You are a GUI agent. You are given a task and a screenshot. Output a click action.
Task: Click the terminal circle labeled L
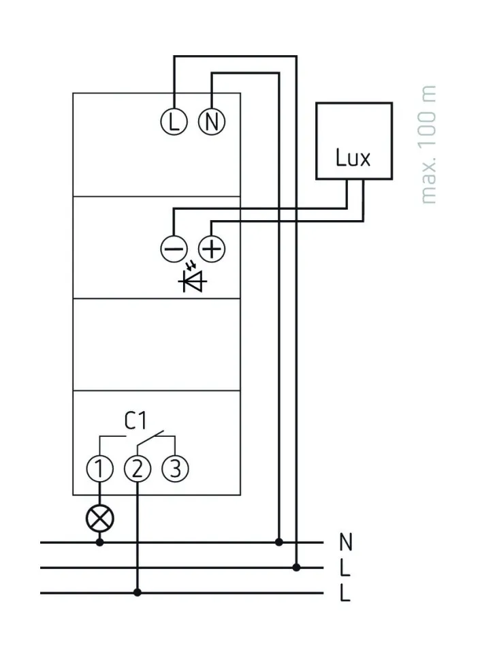(173, 122)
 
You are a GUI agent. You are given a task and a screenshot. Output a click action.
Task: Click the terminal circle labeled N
(211, 122)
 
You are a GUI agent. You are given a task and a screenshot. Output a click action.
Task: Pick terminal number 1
(99, 469)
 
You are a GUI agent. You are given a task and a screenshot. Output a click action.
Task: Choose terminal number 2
(137, 469)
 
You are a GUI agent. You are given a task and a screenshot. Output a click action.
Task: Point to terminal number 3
(175, 469)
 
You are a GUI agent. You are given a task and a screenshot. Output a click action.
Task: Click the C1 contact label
(135, 421)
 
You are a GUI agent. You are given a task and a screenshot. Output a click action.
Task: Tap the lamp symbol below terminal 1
(99, 520)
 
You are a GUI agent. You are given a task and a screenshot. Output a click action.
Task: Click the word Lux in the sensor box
(353, 158)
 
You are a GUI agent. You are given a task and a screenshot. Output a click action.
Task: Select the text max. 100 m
(428, 145)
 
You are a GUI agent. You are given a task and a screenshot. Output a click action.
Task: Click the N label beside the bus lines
(347, 543)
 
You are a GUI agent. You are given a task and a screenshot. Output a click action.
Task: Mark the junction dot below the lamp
(99, 542)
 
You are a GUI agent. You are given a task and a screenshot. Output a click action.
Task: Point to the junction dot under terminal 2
(137, 593)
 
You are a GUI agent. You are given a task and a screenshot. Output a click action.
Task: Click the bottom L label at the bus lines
(345, 594)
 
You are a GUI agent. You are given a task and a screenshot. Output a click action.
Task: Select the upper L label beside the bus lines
(345, 568)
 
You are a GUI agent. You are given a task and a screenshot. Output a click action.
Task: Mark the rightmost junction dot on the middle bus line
(296, 567)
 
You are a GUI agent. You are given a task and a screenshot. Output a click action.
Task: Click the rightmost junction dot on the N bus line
(278, 542)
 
